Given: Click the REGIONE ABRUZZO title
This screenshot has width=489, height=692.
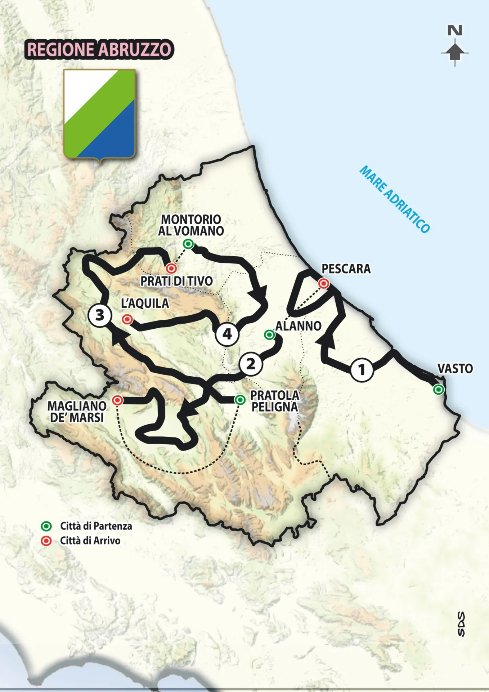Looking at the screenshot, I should click(x=99, y=50).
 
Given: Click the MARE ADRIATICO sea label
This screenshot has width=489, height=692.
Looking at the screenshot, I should click(x=395, y=199).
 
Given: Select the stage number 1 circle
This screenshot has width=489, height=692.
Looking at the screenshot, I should click(x=362, y=369).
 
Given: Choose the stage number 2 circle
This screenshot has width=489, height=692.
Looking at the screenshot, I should click(x=251, y=364).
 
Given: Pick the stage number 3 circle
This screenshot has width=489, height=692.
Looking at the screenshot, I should click(x=100, y=315).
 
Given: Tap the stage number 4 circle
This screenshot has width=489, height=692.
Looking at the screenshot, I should click(x=227, y=334).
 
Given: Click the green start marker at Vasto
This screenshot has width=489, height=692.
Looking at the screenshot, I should click(x=438, y=390).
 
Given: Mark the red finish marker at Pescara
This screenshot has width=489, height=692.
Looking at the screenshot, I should click(x=324, y=284).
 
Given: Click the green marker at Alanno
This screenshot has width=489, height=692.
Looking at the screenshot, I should click(x=269, y=335).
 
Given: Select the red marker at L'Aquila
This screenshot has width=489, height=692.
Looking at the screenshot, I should click(x=127, y=319).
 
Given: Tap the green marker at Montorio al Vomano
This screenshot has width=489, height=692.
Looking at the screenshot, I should click(x=188, y=244).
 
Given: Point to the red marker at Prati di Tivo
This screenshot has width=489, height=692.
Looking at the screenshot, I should click(x=171, y=268).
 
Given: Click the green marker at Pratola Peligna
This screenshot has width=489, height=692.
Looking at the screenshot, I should click(x=240, y=400).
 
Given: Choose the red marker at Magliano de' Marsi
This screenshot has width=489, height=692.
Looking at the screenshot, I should click(x=117, y=400).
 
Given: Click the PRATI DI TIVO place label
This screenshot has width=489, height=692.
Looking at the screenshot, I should click(x=176, y=281).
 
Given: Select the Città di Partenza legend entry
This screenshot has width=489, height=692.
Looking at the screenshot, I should click(x=86, y=526).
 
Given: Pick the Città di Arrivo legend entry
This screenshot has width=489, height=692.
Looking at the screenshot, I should click(x=81, y=541).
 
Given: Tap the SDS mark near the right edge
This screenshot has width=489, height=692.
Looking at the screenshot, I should click(x=461, y=624).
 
